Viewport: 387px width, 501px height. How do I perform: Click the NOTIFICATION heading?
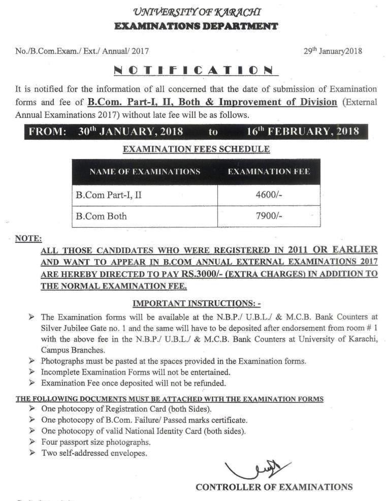pyautogui.click(x=193, y=70)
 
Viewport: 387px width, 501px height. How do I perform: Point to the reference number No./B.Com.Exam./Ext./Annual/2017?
pyautogui.click(x=82, y=51)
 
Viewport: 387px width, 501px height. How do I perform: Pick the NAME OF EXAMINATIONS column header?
pyautogui.click(x=145, y=172)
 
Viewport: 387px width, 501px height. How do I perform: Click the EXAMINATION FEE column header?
pyautogui.click(x=269, y=172)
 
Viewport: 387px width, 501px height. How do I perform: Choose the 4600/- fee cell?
pyautogui.click(x=269, y=195)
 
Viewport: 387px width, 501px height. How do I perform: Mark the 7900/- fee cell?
pyautogui.click(x=269, y=216)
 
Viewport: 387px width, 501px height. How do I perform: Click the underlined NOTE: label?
pyautogui.click(x=28, y=238)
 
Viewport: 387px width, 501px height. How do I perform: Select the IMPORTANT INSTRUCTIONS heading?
pyautogui.click(x=197, y=304)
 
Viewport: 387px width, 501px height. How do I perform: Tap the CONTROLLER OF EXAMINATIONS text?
pyautogui.click(x=274, y=487)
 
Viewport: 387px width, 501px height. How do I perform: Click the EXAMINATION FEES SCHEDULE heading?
pyautogui.click(x=197, y=149)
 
